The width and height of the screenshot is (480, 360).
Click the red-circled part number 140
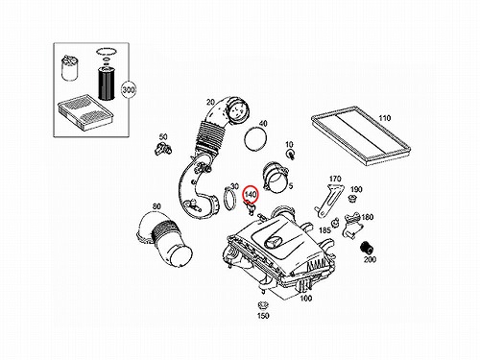251,194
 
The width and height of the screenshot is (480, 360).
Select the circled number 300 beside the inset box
129,90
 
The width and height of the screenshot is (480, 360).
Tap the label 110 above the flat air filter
384,118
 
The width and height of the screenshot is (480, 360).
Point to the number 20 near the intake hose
210,102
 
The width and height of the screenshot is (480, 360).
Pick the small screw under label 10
291,155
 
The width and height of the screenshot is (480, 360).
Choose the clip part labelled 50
163,149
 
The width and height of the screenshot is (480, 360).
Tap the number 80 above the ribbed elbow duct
156,206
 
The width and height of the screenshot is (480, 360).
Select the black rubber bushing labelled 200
366,248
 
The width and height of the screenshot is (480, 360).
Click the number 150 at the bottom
263,316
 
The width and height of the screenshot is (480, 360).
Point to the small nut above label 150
263,304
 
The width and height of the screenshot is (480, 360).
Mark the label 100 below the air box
305,299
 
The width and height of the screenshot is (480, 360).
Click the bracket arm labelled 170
329,200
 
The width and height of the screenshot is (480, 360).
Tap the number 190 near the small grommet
356,189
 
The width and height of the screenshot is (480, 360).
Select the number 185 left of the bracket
324,230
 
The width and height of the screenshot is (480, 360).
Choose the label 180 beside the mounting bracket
367,217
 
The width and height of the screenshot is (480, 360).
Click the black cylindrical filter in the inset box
105,83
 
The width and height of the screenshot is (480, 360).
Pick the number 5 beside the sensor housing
291,186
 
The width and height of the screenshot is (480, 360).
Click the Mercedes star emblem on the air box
274,242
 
